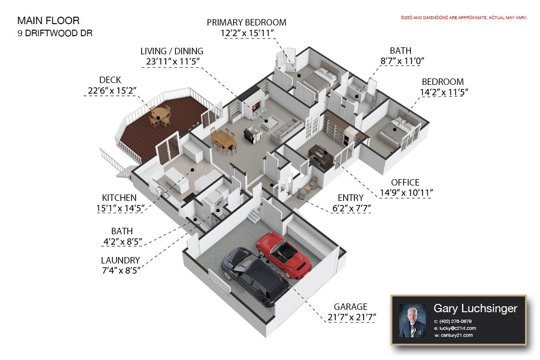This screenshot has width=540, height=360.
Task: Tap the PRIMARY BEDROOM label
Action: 247,22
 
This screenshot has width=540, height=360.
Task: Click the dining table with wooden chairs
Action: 224,139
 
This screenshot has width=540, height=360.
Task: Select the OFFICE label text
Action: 405,183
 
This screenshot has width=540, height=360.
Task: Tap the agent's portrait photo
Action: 412,320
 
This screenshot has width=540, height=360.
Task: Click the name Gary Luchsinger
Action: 475,309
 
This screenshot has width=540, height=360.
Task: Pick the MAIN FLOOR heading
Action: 48,21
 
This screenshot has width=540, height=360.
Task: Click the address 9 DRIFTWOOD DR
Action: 55,33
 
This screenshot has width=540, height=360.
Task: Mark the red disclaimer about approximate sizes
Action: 464,18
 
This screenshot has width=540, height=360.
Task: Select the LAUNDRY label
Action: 120,261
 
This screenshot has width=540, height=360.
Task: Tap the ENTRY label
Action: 351,198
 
